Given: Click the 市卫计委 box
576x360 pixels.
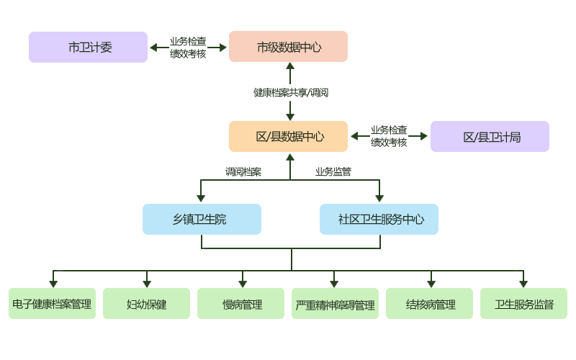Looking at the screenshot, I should click(x=88, y=48).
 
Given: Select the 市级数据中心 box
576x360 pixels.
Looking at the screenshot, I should click(x=288, y=48).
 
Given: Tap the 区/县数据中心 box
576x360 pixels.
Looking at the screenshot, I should click(x=288, y=137).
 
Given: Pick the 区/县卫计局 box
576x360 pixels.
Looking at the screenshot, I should click(x=490, y=137).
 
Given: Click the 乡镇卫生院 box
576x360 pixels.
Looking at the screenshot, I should click(x=202, y=219).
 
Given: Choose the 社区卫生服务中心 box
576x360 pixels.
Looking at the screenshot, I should click(x=379, y=219).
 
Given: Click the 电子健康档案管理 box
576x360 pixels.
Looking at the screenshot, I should click(x=52, y=304).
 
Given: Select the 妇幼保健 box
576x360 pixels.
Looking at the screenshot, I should click(x=146, y=304).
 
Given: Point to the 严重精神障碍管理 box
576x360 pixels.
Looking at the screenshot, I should click(x=335, y=304).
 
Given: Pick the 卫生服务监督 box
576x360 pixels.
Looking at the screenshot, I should click(x=523, y=304).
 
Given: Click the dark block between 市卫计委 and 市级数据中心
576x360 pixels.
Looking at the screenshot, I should click(x=188, y=48).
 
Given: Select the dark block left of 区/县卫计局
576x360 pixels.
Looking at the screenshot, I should click(x=389, y=136).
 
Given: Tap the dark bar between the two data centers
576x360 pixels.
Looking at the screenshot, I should click(x=291, y=92).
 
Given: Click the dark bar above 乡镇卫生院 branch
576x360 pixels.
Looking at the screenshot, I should click(x=243, y=171).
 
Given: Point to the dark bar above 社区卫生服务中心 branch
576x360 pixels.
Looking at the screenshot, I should click(x=333, y=171).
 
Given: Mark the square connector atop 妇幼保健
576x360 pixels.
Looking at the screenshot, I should click(x=147, y=284).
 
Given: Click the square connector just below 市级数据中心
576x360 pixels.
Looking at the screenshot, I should click(x=290, y=66).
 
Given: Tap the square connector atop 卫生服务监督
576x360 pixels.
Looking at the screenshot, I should click(x=523, y=284).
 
